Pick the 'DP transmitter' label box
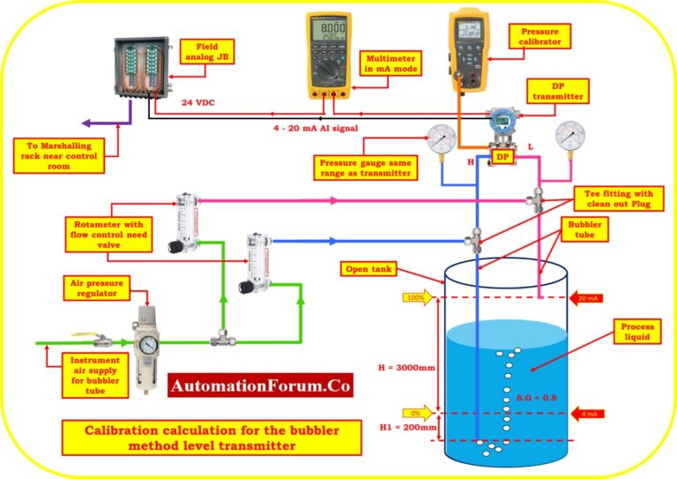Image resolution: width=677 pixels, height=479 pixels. [556, 90]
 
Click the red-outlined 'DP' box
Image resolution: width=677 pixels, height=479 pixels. [502, 156]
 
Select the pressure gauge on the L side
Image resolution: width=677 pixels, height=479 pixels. [569, 136]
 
